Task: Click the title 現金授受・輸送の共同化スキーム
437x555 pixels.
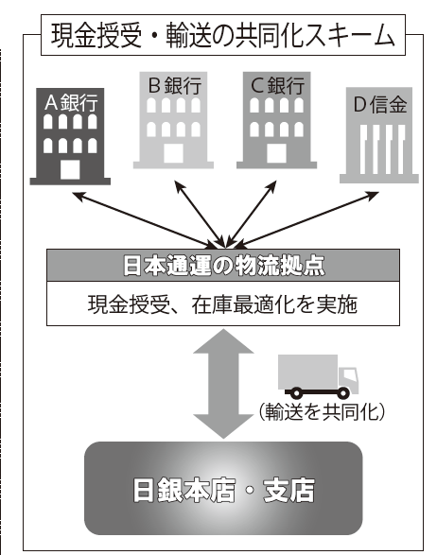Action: pos(222,35)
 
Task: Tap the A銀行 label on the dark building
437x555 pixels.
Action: pos(71,103)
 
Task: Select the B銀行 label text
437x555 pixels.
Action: pos(175,85)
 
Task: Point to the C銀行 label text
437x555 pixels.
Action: pos(278,85)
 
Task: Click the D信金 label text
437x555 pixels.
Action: pos(380,104)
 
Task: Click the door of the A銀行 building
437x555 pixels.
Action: pos(70,169)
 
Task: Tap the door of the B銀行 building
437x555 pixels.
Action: pos(173,153)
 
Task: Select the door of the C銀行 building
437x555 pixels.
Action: pos(276,153)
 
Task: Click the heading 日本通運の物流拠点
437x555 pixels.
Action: pos(223,266)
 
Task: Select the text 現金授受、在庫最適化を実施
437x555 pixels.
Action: pos(222,304)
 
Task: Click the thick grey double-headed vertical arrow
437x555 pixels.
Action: pos(223,384)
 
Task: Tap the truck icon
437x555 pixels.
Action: pos(318,376)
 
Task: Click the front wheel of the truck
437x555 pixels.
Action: pos(342,393)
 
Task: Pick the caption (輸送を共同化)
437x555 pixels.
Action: pos(322,412)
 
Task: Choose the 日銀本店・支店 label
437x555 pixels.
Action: pos(223,490)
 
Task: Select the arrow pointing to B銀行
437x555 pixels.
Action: pos(200,214)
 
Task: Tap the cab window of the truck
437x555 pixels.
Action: pos(349,374)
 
